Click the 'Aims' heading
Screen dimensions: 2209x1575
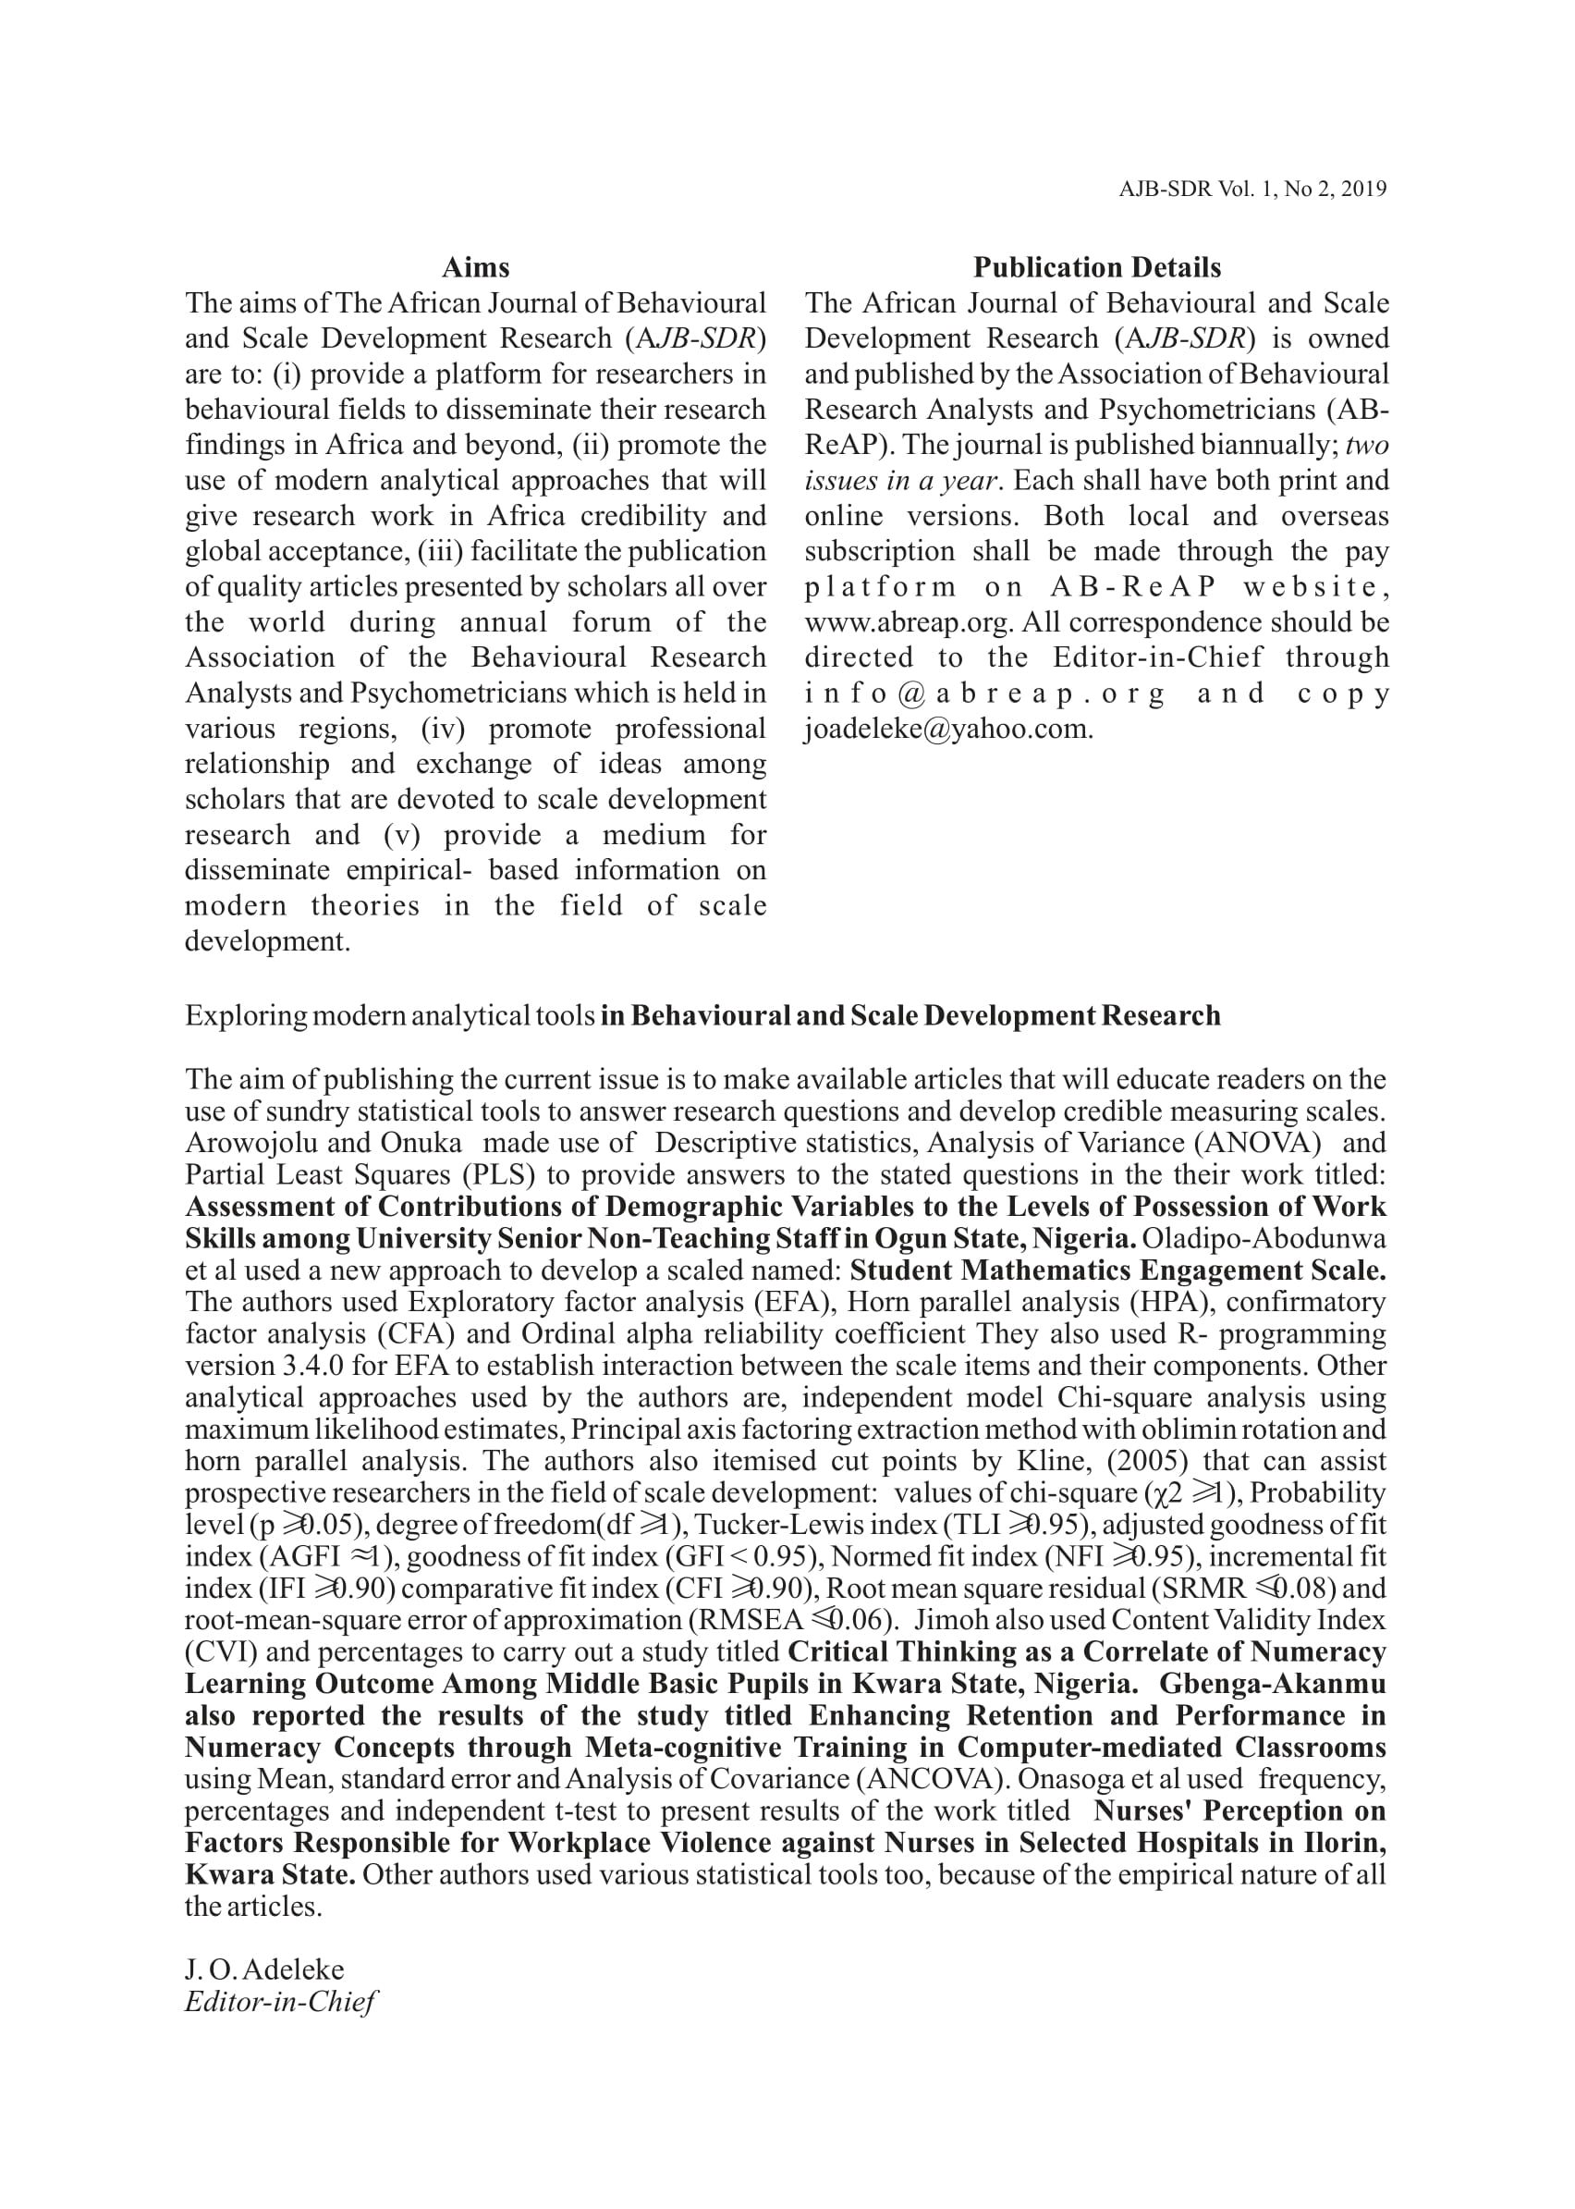475,268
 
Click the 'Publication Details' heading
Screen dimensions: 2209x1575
1097,268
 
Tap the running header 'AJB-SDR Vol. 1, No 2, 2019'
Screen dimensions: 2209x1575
1252,190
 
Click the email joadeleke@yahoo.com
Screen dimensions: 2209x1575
948,729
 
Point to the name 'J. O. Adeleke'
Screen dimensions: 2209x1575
263,1970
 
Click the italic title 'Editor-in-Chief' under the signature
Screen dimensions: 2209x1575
280,2001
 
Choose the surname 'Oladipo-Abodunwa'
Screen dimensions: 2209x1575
1264,1239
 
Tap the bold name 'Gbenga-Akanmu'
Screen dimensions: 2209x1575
1273,1684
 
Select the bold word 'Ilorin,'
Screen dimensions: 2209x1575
1343,1842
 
